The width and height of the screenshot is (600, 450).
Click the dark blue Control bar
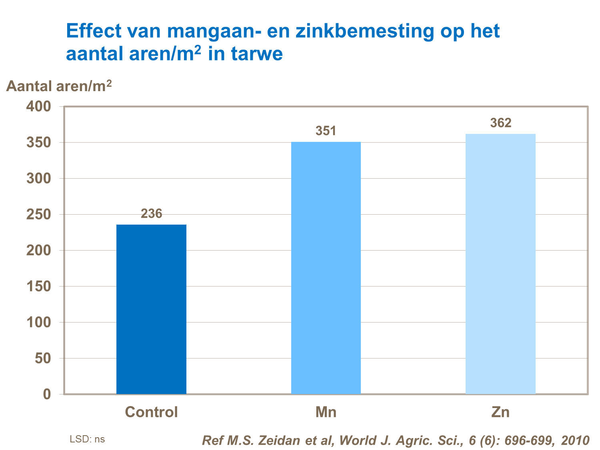click(151, 309)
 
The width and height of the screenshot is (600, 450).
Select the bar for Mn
click(326, 268)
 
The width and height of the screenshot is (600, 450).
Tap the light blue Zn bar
click(500, 264)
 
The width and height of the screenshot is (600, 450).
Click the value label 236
click(151, 214)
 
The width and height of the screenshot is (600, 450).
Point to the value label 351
click(326, 131)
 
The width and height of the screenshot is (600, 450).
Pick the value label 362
click(500, 123)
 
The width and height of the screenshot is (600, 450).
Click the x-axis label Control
click(151, 412)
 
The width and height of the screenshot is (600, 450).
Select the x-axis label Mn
click(326, 412)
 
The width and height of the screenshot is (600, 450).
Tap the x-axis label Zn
click(500, 412)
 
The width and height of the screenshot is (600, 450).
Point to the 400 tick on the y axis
click(39, 106)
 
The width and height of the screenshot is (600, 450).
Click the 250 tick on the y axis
click(39, 215)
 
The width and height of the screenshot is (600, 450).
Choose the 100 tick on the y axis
click(39, 323)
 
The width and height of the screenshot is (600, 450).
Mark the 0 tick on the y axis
click(47, 394)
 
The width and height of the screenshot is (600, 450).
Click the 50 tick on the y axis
click(43, 358)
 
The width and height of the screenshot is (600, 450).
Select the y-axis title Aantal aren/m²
click(59, 86)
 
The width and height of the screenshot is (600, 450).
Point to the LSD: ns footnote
click(87, 439)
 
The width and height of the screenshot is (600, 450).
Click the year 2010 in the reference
click(575, 440)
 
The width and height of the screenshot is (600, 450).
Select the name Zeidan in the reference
click(279, 440)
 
